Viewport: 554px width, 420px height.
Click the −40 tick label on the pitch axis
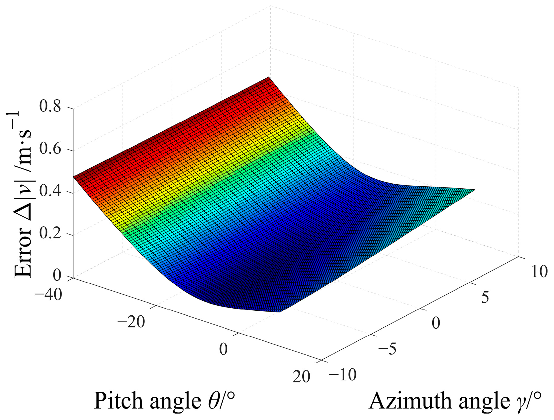49,294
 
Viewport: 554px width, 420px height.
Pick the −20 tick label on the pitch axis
131,322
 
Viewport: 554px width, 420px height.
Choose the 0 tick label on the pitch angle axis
223,349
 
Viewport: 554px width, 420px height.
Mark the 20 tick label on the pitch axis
301,377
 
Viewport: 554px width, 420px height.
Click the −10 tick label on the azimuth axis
342,375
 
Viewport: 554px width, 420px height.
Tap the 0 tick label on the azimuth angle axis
436,323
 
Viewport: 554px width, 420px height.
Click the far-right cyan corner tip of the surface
474,190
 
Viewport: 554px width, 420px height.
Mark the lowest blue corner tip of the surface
280,312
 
